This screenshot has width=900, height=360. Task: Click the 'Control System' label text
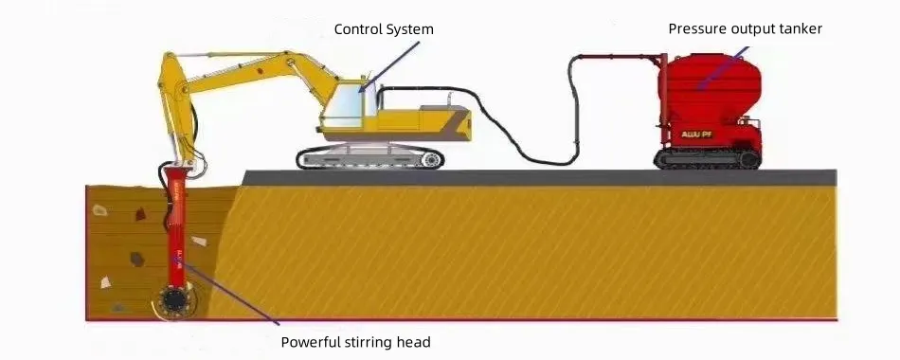(384, 29)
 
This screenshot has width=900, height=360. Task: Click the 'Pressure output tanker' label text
(745, 28)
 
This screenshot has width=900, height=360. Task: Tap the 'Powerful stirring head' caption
(355, 342)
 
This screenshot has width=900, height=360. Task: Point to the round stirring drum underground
(172, 301)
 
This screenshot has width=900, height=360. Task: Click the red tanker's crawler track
(708, 158)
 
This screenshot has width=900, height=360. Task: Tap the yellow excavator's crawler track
(369, 158)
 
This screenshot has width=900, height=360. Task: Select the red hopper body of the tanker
(706, 85)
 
